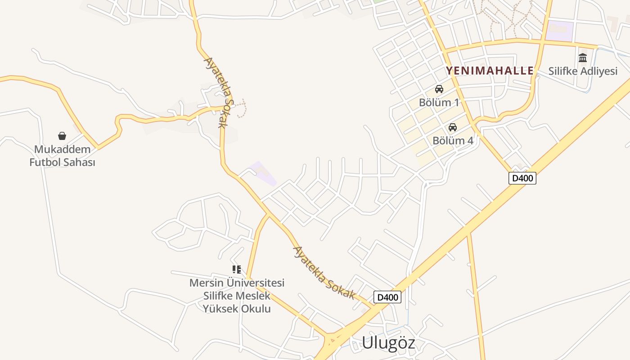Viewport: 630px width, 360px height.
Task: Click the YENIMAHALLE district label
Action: (490, 71)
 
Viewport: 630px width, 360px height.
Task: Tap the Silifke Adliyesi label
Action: (583, 71)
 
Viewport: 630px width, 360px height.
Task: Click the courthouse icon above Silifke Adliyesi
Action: (583, 58)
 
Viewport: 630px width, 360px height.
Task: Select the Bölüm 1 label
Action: (439, 102)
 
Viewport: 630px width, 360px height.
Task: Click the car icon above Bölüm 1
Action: (439, 89)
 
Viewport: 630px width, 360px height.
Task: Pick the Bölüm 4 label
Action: (453, 140)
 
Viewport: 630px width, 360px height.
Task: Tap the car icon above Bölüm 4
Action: (453, 127)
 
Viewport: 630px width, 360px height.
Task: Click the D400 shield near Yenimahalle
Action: (522, 178)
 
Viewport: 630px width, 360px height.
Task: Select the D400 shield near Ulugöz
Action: (387, 297)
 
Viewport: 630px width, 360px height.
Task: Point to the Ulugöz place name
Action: (388, 343)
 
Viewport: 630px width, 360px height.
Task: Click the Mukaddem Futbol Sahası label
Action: (62, 156)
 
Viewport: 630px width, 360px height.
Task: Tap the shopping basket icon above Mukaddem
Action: (62, 136)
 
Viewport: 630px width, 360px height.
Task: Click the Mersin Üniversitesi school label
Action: (237, 296)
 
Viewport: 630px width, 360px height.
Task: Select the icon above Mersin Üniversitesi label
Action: (237, 270)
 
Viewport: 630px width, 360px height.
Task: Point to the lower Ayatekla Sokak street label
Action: (324, 273)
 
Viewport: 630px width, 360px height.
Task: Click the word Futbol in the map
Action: (45, 162)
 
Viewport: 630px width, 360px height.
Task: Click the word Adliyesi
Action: (599, 71)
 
